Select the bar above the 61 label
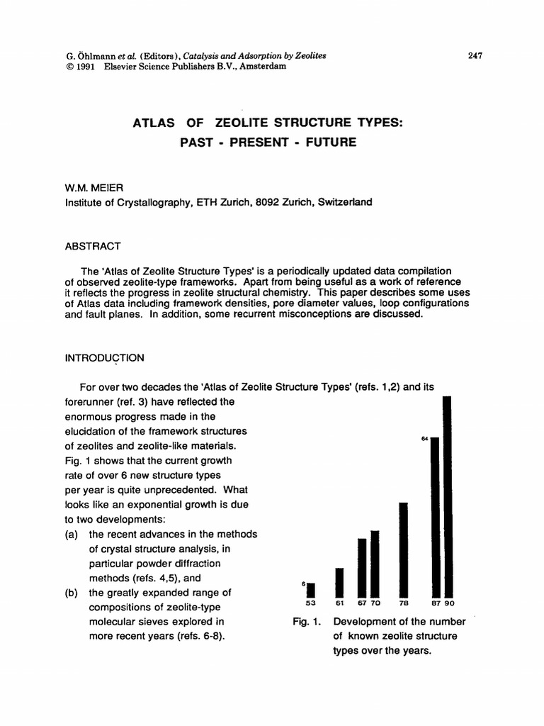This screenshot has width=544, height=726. coord(339,582)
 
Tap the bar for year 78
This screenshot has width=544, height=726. coord(403,549)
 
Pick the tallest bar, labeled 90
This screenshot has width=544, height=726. coord(448,496)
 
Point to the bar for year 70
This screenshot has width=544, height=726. coord(375,564)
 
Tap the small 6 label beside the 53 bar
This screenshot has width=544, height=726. coord(303,583)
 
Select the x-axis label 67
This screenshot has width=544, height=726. coord(362,603)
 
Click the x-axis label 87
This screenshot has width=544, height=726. coord(436,603)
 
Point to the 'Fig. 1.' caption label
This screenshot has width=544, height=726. coord(306,622)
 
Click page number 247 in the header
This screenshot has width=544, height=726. coord(475,56)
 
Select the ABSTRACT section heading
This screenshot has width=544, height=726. coord(93,246)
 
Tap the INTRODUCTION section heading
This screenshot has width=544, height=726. coord(105,358)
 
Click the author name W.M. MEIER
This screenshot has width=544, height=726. coord(93,188)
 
